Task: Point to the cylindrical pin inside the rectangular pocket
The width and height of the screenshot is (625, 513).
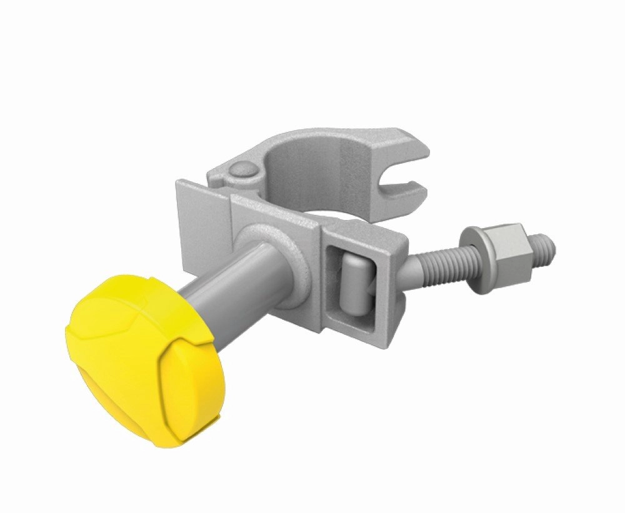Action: point(353,281)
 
